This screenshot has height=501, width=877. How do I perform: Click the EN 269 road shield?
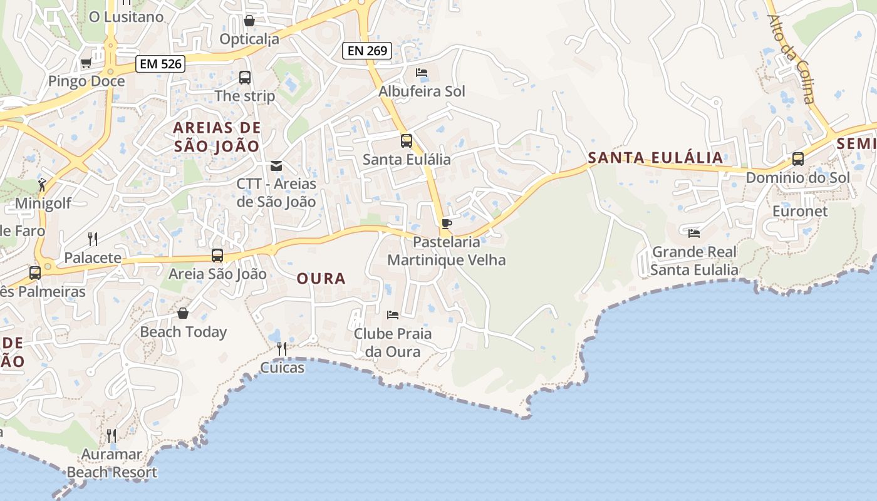[x=367, y=51]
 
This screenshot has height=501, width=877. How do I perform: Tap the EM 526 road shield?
[x=160, y=63]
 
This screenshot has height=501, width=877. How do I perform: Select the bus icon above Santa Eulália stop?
[x=407, y=141]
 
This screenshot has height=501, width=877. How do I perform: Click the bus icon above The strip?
[x=245, y=78]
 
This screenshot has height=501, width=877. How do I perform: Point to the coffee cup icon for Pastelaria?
[x=447, y=224]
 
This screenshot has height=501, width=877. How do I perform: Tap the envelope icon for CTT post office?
[x=276, y=166]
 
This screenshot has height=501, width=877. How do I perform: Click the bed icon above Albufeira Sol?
[x=422, y=73]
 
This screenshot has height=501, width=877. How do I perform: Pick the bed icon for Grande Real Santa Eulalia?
[x=694, y=234]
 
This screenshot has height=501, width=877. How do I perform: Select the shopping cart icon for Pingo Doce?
[x=86, y=63]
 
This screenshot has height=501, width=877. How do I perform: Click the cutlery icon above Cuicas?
[x=282, y=349]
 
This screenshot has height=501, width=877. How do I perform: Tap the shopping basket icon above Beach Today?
[x=183, y=313]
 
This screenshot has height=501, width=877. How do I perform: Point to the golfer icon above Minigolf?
[x=43, y=185]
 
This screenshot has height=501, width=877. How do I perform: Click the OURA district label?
[x=321, y=279]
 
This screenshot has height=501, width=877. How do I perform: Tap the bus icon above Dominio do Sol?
[x=798, y=159]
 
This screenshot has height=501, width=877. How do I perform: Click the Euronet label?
[x=800, y=211]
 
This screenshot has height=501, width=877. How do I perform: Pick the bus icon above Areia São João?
[x=217, y=256]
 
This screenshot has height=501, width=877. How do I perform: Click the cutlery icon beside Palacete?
[x=93, y=239]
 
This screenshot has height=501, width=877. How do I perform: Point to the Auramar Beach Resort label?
[x=112, y=463]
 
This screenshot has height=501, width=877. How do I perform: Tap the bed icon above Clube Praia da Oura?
[x=393, y=314]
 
